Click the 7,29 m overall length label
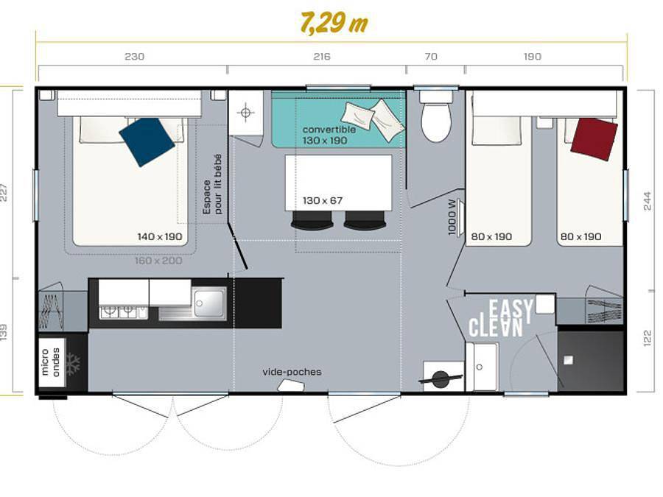tap(333, 23)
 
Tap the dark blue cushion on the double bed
tap(147, 141)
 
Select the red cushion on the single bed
tap(594, 138)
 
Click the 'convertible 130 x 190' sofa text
tap(329, 135)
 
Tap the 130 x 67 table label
tap(323, 200)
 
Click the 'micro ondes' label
tap(51, 362)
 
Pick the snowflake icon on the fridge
tap(73, 362)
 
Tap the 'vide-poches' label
tap(292, 372)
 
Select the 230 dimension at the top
tap(134, 57)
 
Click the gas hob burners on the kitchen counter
tap(118, 311)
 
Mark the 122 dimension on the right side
tap(648, 339)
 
